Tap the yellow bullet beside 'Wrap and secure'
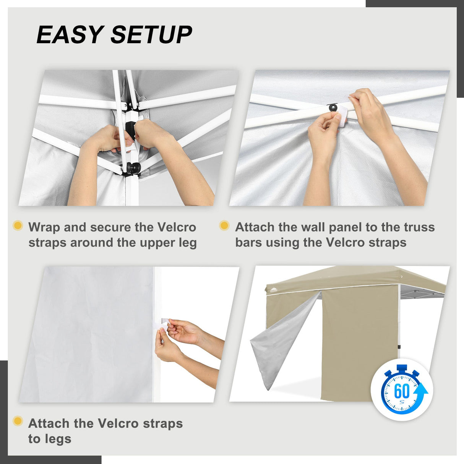pos(18,226)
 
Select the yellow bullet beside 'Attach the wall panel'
pos(224,226)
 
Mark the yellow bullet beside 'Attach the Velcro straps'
pos(18,421)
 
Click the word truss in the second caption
pos(419,227)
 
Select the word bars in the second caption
pos(248,243)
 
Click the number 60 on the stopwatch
pos(401,391)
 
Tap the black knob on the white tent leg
pos(133,168)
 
